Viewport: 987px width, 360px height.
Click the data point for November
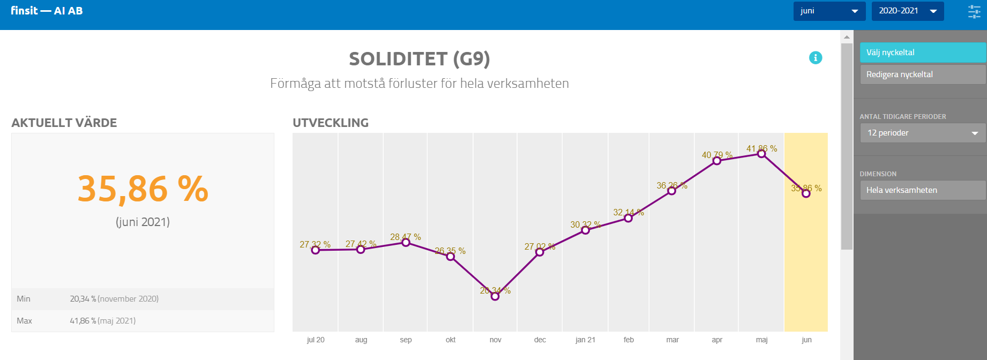(x=495, y=296)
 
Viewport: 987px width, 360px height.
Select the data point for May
(x=761, y=154)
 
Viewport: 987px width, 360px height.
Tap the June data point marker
(x=806, y=193)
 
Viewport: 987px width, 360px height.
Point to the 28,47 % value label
(x=406, y=237)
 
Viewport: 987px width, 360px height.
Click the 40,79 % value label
(x=717, y=155)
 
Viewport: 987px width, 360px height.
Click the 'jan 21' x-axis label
(x=585, y=340)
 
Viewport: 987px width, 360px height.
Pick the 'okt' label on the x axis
(x=451, y=340)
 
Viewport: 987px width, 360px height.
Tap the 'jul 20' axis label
(x=316, y=340)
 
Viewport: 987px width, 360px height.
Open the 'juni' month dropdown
(x=829, y=11)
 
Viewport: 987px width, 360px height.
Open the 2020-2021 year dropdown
(x=907, y=11)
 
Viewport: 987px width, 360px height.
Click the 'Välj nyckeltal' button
(x=922, y=52)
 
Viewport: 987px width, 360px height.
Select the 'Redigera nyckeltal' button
(x=922, y=74)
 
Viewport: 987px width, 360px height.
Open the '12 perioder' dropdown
(x=922, y=133)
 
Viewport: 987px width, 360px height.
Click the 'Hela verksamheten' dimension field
(x=922, y=190)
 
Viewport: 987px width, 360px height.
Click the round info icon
(x=816, y=58)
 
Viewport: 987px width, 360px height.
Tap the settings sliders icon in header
(x=974, y=12)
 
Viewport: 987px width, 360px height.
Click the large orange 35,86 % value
(x=143, y=189)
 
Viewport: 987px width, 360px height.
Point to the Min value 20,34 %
(x=83, y=299)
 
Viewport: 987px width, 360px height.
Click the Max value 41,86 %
(x=83, y=321)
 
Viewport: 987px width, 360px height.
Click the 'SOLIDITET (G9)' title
(x=420, y=58)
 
